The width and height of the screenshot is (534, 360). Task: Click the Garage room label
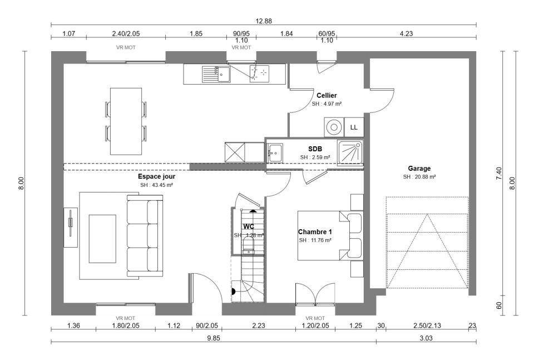(419, 168)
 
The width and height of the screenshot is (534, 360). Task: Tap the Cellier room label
(327, 95)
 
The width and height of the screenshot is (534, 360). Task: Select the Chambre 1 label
(315, 231)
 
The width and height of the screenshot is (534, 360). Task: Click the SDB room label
(315, 149)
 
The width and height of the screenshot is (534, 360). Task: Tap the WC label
(248, 226)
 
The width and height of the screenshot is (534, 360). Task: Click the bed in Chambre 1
(325, 235)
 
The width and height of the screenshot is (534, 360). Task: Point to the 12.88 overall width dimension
(263, 21)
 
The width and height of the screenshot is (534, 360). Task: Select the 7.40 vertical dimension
(499, 173)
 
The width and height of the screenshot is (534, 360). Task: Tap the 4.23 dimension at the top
(406, 34)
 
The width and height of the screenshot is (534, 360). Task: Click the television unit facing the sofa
(71, 227)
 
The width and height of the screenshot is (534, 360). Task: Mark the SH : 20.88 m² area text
(419, 177)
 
